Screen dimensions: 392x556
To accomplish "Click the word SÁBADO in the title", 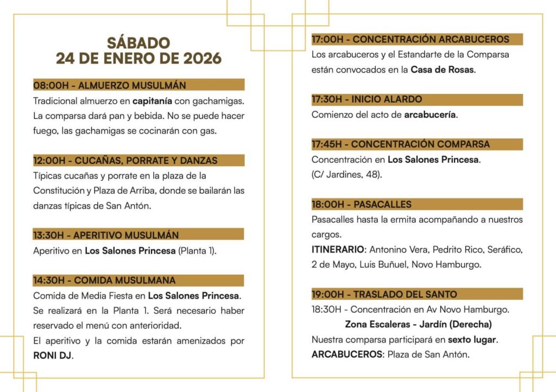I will click(x=138, y=42).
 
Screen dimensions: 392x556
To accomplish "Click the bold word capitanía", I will click(x=152, y=101).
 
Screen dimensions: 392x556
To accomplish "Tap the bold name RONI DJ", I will click(x=53, y=356).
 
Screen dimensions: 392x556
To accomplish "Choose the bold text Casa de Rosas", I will click(x=443, y=69).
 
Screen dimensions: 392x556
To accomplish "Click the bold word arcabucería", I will click(x=430, y=115).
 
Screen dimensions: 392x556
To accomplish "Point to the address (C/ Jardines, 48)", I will click(x=346, y=174).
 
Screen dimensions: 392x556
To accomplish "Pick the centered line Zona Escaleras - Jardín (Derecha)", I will click(x=418, y=324).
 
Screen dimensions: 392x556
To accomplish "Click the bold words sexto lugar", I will click(x=472, y=339).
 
